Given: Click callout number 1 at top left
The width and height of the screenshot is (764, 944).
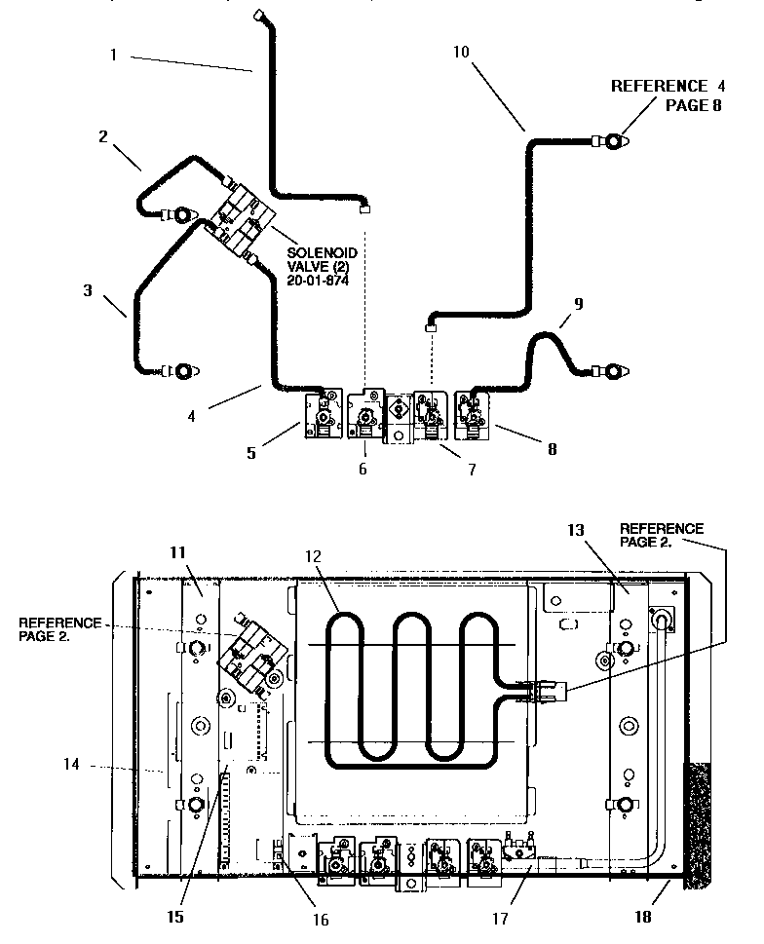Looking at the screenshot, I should click(x=113, y=56).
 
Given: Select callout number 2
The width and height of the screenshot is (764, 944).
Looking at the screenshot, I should click(x=103, y=135).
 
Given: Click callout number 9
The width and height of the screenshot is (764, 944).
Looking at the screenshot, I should click(x=578, y=304).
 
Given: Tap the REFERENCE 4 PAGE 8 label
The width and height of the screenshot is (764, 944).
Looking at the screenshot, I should click(x=668, y=95).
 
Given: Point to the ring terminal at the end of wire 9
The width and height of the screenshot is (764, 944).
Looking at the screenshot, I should click(x=612, y=371).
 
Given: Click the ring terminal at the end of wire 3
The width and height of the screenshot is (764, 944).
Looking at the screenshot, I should click(x=184, y=371).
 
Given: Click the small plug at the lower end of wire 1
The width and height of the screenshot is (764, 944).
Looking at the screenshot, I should click(x=365, y=207).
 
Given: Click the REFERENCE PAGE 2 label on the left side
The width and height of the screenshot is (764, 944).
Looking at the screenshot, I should click(x=58, y=629).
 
